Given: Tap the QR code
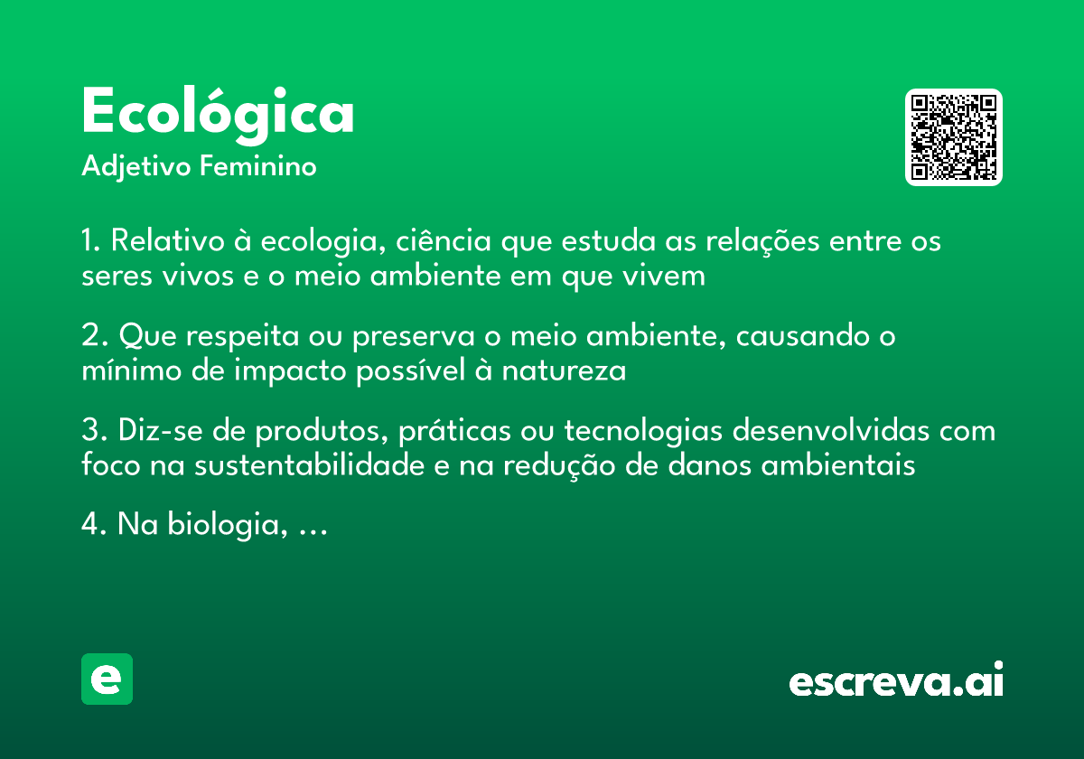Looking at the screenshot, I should pyautogui.click(x=954, y=137).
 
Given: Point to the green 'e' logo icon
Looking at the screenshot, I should pyautogui.click(x=107, y=679).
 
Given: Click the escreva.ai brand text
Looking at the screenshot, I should pyautogui.click(x=896, y=681).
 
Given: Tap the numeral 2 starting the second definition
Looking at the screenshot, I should pyautogui.click(x=89, y=337).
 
